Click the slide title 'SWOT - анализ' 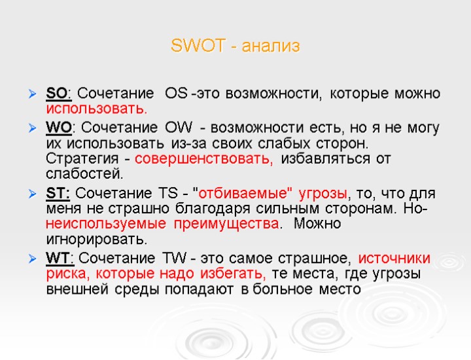(235, 46)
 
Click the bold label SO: (60, 93)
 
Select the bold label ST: (60, 194)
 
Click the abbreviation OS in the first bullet (176, 93)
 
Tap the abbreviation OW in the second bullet (179, 126)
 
